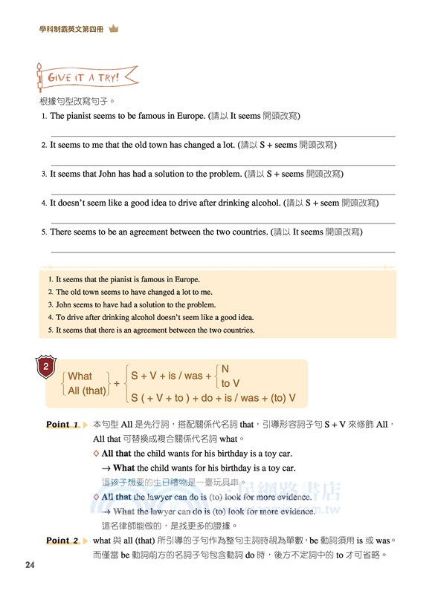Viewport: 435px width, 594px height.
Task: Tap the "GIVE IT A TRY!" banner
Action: click(88, 76)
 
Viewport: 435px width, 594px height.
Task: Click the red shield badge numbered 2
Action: click(46, 366)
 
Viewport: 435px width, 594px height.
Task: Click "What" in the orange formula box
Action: click(80, 376)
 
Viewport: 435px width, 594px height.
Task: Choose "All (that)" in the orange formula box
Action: click(86, 391)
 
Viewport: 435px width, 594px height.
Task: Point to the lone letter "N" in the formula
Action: click(225, 369)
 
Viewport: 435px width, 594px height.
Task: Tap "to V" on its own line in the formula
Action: click(231, 383)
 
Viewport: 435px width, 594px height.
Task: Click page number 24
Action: click(30, 566)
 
